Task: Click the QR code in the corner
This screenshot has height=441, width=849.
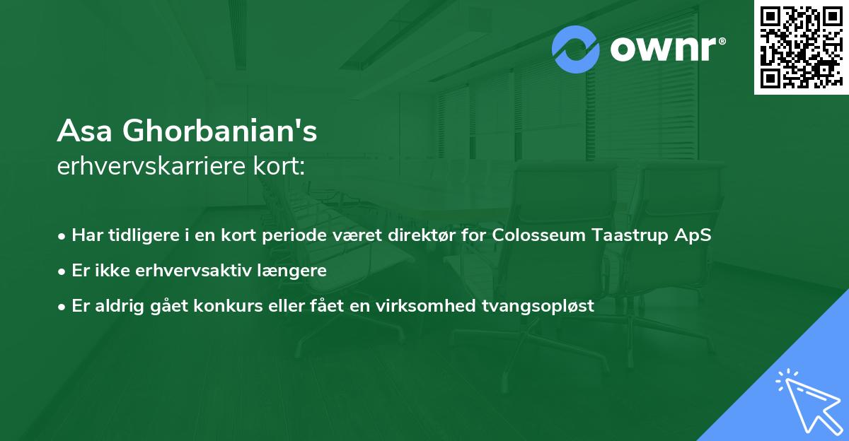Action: [x=802, y=47]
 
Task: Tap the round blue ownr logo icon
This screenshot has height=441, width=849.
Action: [x=576, y=49]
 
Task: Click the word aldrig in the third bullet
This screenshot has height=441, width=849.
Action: [x=115, y=306]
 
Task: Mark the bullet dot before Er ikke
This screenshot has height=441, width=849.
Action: [x=62, y=271]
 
